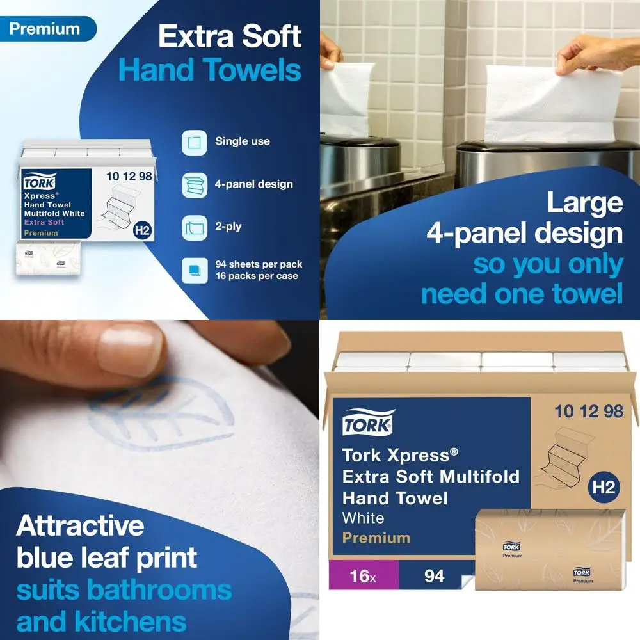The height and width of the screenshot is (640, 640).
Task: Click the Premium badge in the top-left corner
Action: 44,29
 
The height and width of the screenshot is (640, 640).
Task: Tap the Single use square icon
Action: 194,142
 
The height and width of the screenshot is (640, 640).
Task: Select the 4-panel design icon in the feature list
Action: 194,184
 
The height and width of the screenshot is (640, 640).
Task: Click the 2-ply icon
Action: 194,227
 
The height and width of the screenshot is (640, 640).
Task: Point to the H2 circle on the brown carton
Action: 602,488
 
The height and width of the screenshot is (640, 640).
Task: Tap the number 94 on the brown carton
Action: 434,576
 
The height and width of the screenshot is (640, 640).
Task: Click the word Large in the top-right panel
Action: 584,203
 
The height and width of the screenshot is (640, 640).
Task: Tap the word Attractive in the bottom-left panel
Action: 80,526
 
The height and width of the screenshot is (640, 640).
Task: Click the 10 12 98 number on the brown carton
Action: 589,412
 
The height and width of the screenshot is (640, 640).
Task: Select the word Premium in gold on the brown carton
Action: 376,538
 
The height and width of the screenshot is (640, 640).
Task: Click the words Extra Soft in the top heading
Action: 230,37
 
